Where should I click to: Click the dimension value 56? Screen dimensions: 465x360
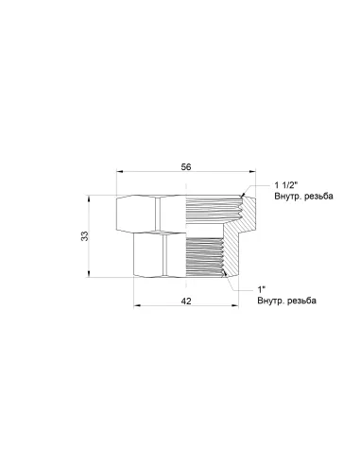[186, 167]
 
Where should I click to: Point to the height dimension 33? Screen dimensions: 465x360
[84, 236]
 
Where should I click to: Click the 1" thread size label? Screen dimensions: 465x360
[262, 288]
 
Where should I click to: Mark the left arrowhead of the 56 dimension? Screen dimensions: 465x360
[120, 175]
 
